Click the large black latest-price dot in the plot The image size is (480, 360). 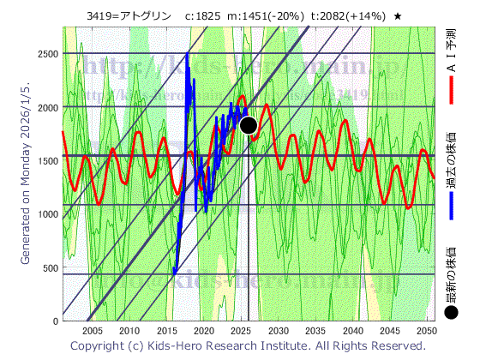point(249,125)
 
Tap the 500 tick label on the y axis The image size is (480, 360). point(50,268)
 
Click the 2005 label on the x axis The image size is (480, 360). point(93,331)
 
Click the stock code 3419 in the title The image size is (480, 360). point(99,16)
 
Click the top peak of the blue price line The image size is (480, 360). point(187,55)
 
